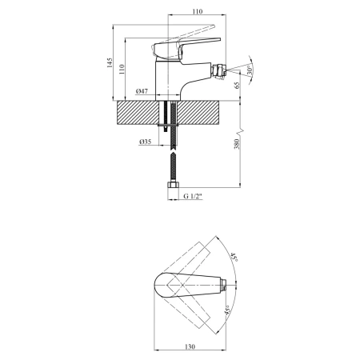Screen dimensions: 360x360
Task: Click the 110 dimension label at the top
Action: point(197,11)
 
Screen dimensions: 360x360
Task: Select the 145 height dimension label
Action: point(110,62)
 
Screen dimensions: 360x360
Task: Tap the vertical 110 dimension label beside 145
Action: point(122,69)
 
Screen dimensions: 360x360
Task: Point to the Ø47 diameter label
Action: point(142,91)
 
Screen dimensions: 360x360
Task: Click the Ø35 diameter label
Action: point(146,142)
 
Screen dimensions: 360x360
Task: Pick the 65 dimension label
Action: point(237,86)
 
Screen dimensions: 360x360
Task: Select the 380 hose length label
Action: point(237,144)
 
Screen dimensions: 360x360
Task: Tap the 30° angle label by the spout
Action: point(250,70)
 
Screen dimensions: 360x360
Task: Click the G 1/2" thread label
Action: point(193,196)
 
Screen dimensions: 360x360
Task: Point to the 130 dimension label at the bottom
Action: point(190,346)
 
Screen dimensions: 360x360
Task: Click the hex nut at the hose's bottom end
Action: point(173,185)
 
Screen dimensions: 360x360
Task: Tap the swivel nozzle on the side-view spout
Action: point(218,71)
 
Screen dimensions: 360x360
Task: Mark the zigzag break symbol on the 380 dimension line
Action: point(240,131)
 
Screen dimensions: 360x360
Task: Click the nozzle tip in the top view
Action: point(225,286)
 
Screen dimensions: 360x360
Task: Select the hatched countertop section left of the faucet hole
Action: point(138,113)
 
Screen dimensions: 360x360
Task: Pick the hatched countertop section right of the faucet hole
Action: point(198,113)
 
